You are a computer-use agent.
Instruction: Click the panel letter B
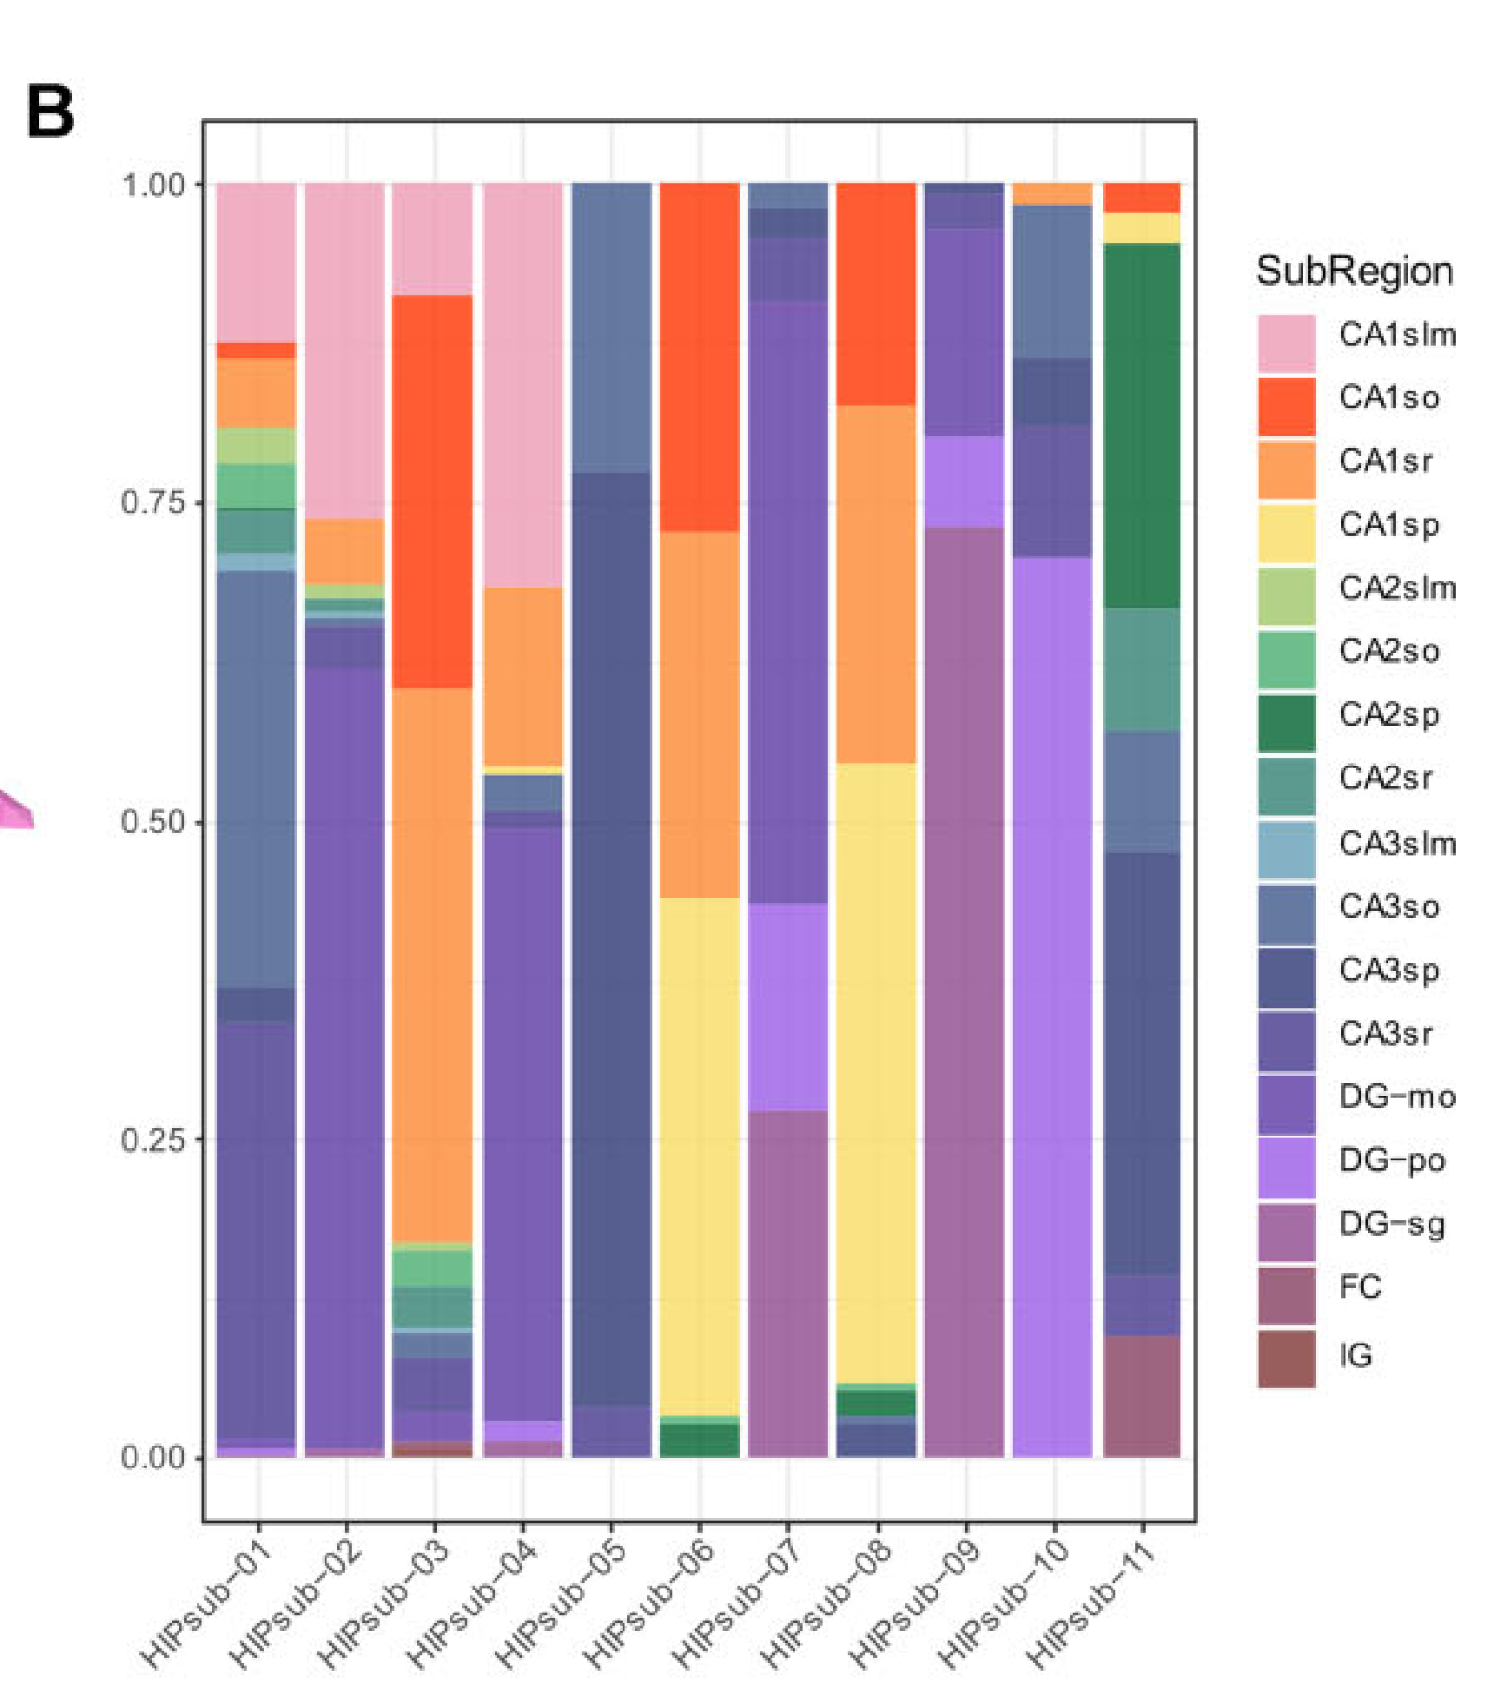click(x=50, y=112)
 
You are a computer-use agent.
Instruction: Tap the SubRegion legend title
click(x=1354, y=272)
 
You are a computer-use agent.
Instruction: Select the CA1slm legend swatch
click(x=1286, y=342)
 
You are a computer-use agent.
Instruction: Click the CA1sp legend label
click(x=1389, y=525)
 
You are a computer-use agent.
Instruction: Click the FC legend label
click(x=1360, y=1287)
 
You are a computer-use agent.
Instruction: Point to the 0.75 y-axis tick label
click(x=153, y=503)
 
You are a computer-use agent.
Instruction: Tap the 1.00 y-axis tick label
click(x=153, y=185)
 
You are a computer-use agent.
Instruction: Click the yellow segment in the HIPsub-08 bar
click(x=876, y=1073)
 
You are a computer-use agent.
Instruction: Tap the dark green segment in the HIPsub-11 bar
click(x=1141, y=426)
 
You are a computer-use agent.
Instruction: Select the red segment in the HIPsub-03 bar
click(x=433, y=492)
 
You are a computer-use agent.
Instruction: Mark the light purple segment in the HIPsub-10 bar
click(x=1053, y=1007)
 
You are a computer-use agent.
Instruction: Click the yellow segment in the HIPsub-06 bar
click(x=700, y=1155)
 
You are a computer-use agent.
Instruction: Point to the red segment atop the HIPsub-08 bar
click(x=876, y=294)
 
